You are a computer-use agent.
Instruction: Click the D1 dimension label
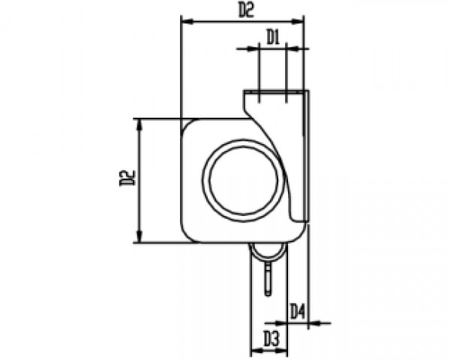[x=273, y=38]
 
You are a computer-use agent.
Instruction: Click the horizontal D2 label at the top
[x=246, y=11]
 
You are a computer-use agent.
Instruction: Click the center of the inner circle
[x=244, y=180]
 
